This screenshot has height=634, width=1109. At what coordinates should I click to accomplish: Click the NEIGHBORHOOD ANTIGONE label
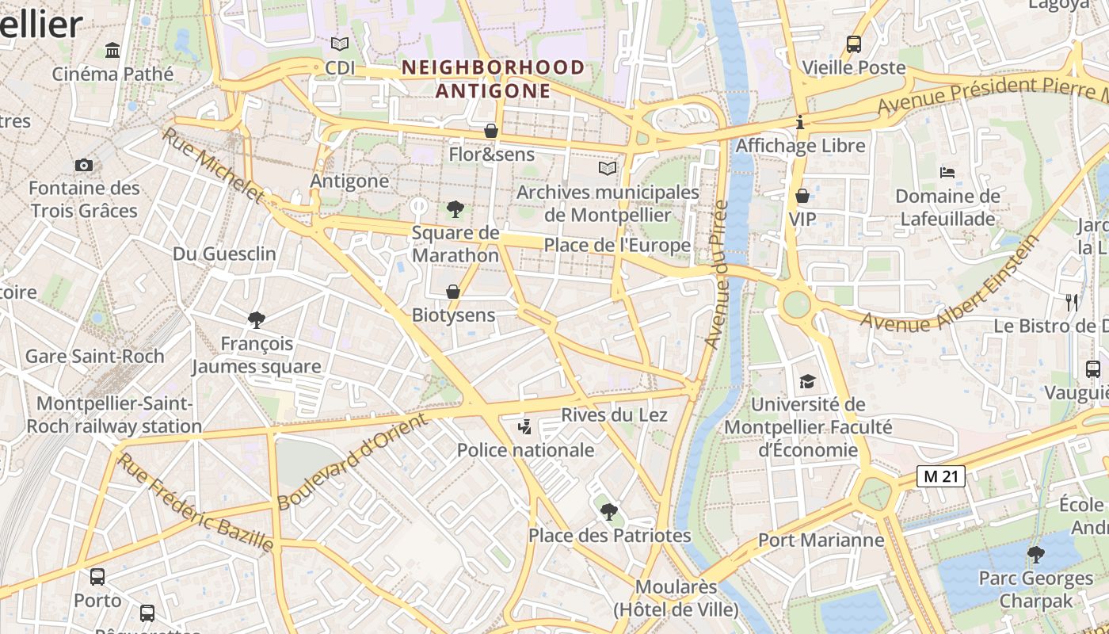point(493,78)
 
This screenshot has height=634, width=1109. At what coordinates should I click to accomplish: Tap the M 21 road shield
point(941,476)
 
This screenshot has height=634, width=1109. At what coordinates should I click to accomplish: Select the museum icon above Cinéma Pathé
point(112,51)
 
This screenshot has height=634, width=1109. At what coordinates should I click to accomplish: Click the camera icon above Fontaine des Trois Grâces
point(83,165)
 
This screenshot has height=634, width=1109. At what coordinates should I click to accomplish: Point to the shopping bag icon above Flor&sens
point(491,131)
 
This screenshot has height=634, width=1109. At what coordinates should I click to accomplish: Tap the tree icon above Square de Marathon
point(455,209)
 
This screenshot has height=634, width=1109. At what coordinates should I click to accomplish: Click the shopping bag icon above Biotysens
point(453,292)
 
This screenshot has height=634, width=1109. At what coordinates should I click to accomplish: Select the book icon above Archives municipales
point(608,168)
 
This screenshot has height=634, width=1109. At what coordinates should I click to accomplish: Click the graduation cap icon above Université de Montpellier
point(806,381)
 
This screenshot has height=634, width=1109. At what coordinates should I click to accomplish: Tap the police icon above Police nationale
point(524,428)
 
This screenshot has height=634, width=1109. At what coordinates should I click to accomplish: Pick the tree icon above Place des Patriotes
point(608,512)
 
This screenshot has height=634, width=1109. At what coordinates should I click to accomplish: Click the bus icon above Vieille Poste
point(853,44)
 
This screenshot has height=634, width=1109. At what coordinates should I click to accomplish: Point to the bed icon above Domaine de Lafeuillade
point(947,172)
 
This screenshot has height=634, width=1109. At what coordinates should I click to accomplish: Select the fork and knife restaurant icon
point(1072,302)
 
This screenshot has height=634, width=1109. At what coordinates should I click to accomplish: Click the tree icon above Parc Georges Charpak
point(1035,554)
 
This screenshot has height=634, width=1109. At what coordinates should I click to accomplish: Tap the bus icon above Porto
point(97,577)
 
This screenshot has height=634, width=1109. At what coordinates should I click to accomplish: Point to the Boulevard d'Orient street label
point(353,462)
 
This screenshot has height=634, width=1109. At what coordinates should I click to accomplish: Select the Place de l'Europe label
point(617,246)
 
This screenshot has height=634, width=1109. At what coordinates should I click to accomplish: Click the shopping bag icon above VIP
point(802,195)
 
